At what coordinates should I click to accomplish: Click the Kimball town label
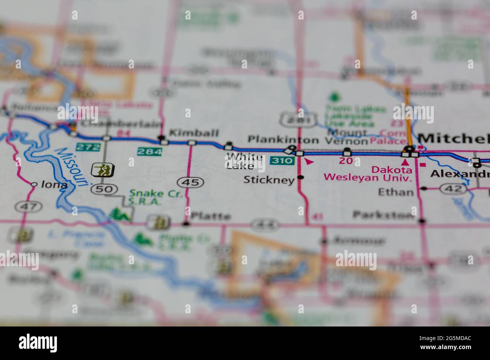coord(194,133)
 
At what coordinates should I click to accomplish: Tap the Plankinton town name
coord(283,140)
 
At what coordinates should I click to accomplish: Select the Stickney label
coord(269,180)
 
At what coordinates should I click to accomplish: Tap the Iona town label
coord(54,185)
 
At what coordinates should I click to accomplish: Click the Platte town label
coord(211,217)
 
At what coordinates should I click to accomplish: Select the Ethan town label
coord(396,192)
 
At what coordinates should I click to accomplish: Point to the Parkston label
coord(383,215)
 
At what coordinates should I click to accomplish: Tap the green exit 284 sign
coord(150,152)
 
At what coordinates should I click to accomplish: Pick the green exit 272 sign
coord(88,146)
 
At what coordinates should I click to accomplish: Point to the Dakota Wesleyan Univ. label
coord(369,173)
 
